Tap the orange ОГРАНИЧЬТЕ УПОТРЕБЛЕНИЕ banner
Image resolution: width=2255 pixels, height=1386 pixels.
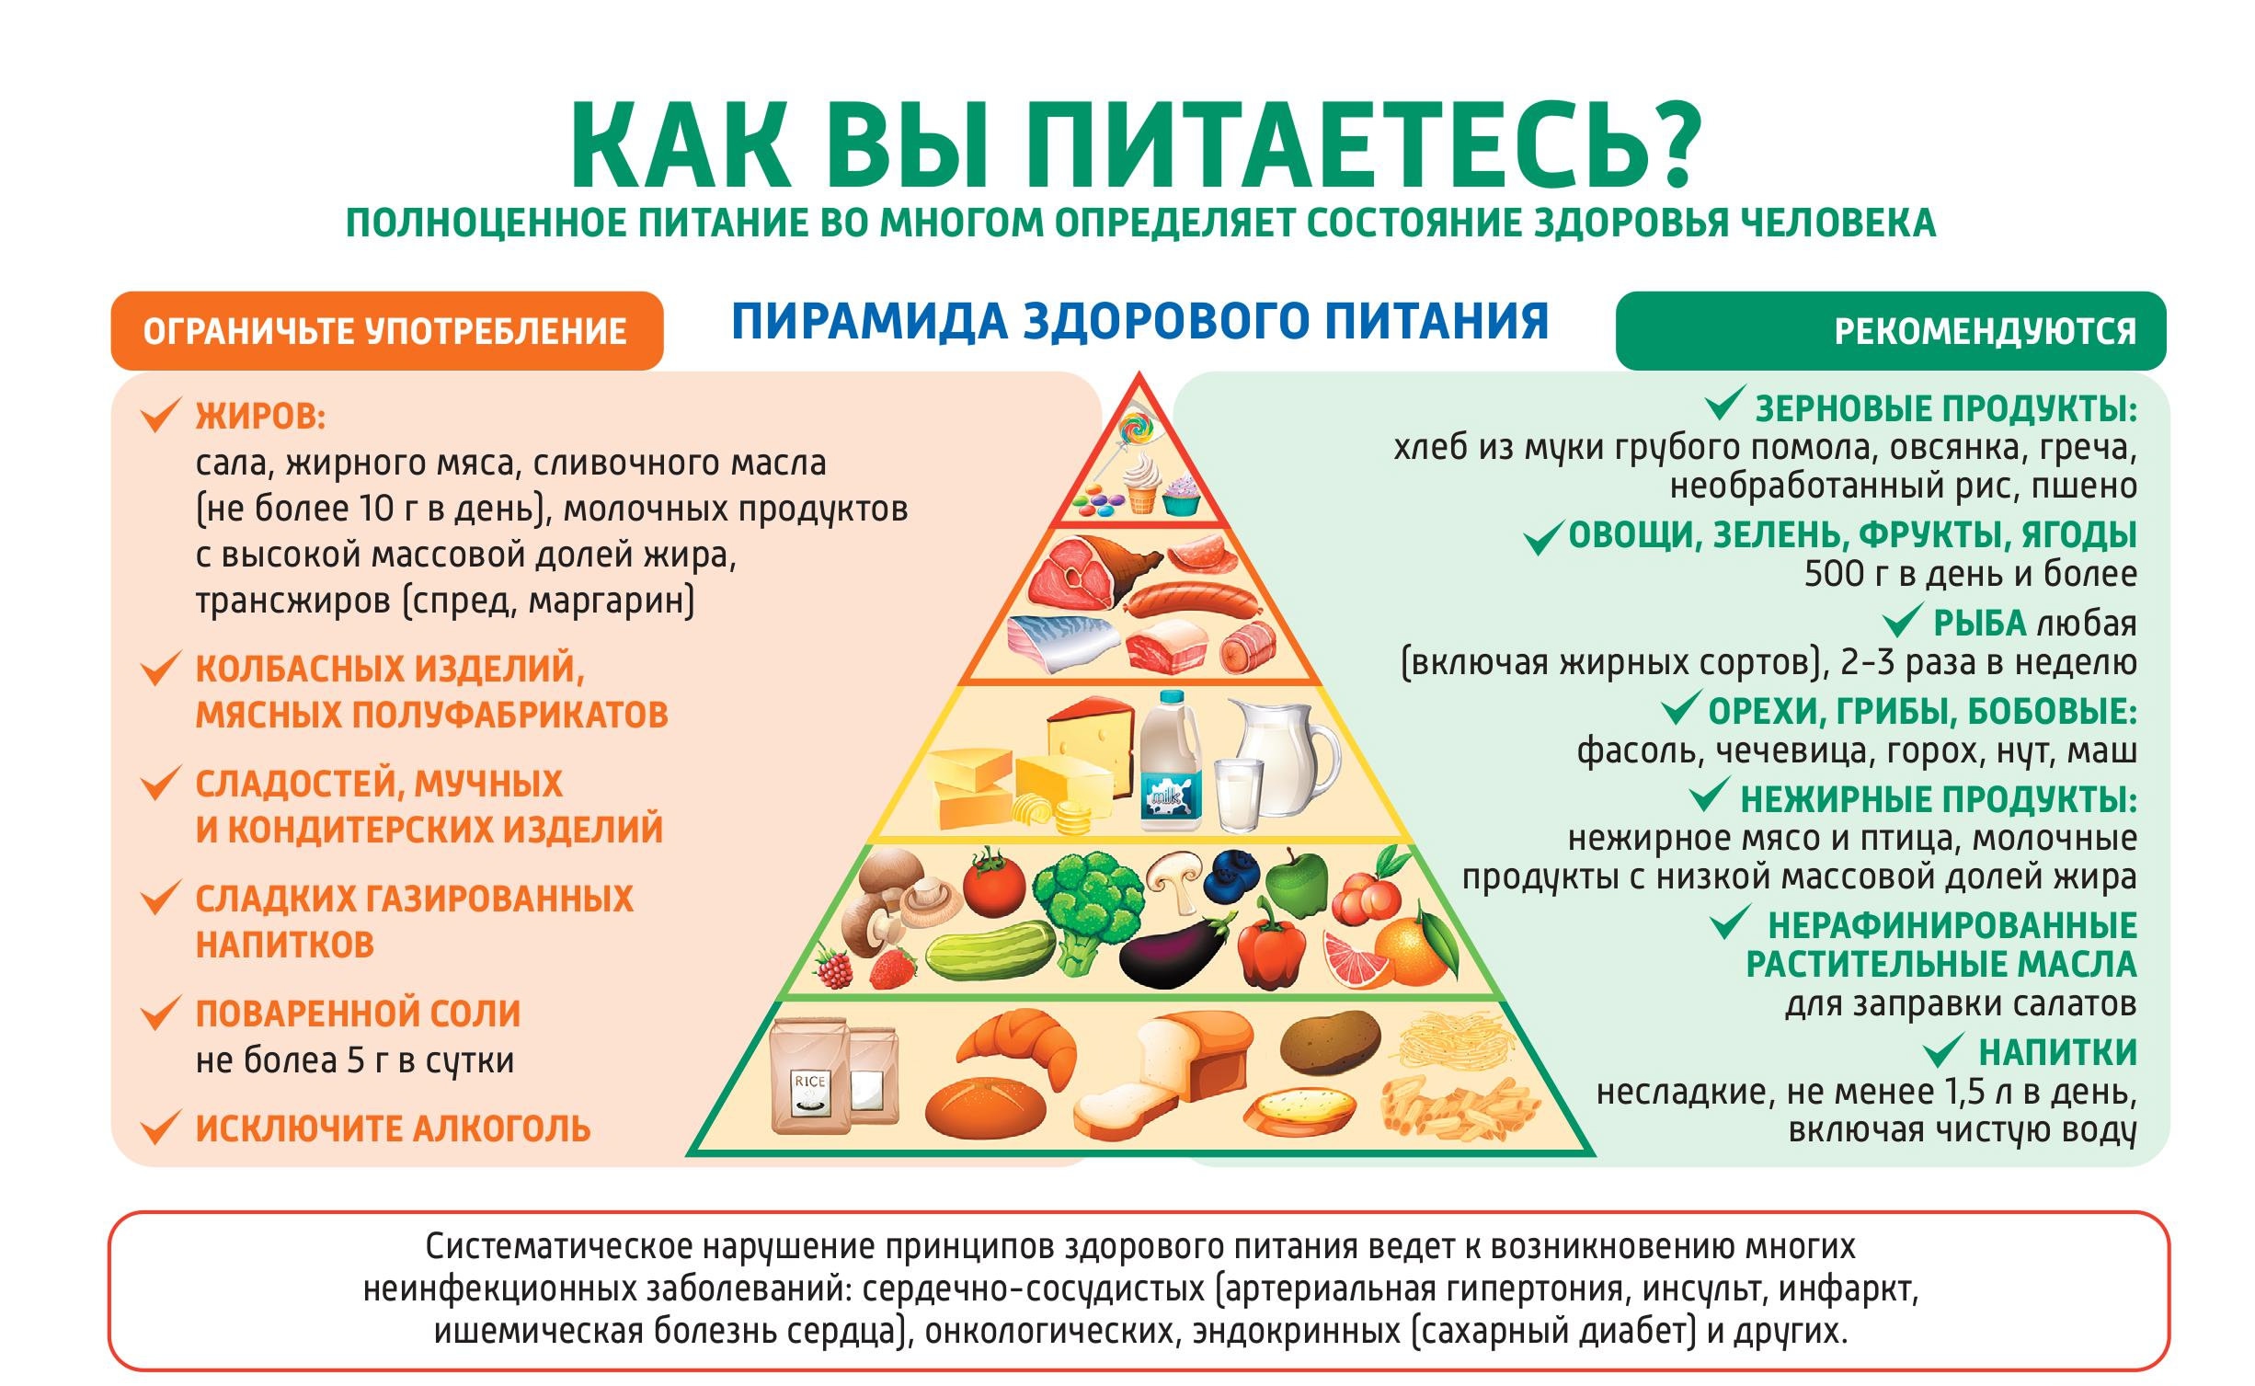coord(386,331)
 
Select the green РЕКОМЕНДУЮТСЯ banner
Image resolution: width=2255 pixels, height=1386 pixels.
coord(1891,331)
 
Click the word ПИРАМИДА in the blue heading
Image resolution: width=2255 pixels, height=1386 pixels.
coord(870,322)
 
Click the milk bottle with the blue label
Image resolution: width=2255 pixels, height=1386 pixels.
coord(1170,763)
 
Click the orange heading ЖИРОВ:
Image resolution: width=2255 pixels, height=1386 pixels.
coord(261,417)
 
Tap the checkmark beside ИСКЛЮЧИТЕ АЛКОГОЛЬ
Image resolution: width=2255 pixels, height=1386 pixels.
coord(158,1128)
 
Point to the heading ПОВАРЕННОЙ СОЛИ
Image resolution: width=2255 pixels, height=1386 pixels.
coord(359,1014)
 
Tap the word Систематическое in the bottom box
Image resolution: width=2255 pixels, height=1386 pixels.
coord(557,1247)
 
